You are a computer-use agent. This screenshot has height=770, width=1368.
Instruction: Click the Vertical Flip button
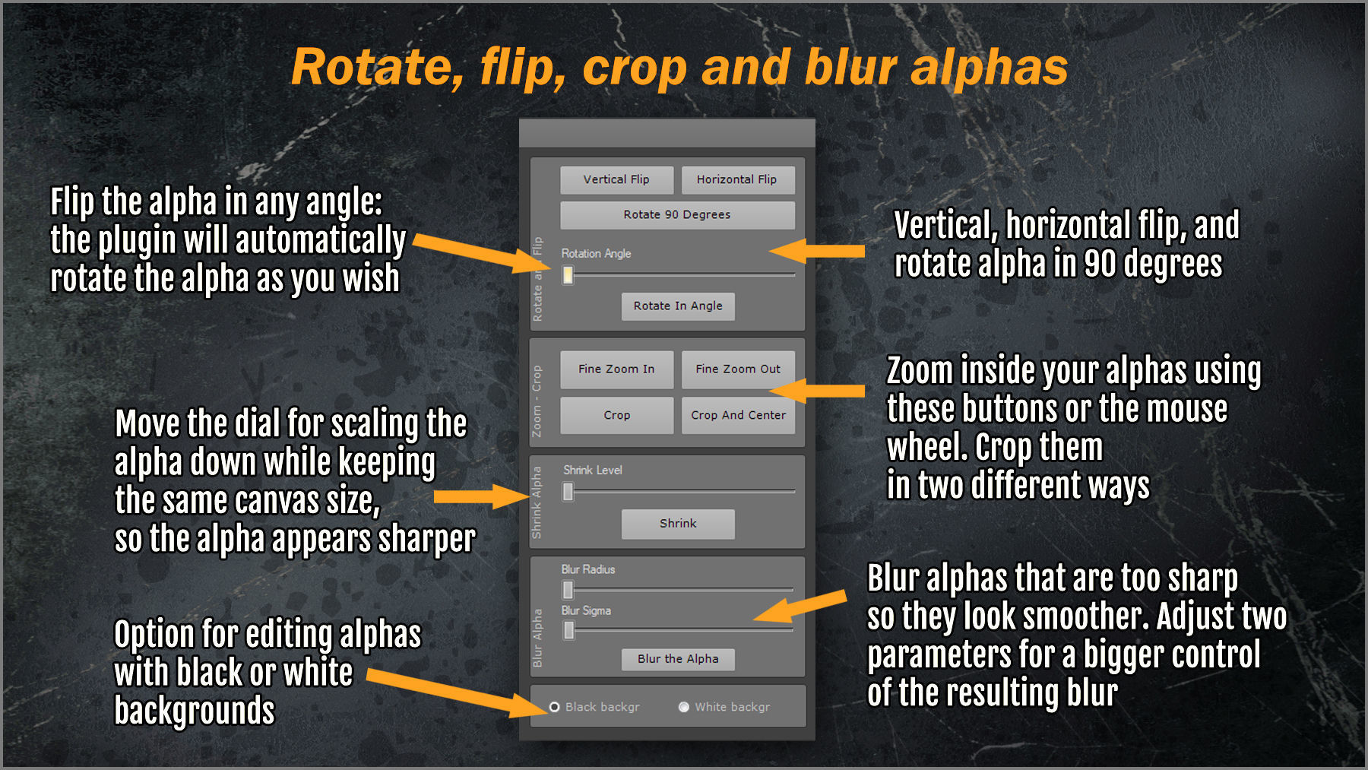[616, 180]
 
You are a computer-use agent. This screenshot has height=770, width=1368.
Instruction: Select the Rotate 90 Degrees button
[677, 215]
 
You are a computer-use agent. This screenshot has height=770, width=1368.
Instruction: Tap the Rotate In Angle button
[678, 306]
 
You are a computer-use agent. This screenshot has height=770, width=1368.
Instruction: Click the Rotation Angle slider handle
[568, 275]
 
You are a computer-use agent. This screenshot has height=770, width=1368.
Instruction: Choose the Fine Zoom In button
[616, 369]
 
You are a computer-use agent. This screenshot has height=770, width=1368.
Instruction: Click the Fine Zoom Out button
[738, 369]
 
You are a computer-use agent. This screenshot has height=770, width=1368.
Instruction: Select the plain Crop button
[616, 416]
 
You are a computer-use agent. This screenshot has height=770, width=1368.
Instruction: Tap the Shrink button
[678, 524]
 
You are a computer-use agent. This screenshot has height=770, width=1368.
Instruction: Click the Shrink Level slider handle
[568, 493]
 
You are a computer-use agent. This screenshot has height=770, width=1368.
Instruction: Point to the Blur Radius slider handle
[568, 590]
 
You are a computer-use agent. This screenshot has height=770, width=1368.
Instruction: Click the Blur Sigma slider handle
[568, 630]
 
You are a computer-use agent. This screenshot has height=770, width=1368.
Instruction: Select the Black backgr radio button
[555, 707]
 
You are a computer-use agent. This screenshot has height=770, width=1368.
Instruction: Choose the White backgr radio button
[684, 707]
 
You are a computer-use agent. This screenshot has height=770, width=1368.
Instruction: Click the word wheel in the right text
[926, 448]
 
